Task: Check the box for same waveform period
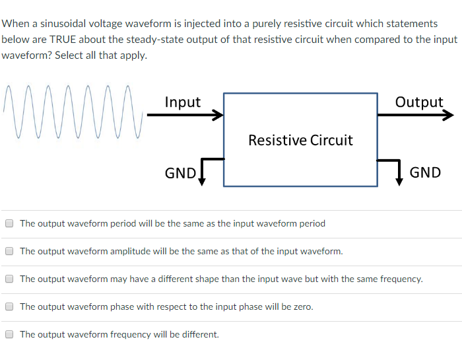pos(9,223)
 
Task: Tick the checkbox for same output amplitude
pos(9,251)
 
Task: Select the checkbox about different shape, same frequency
pos(9,279)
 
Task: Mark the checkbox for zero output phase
pos(9,306)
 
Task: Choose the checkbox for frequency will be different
pos(9,334)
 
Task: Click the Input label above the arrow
pos(182,102)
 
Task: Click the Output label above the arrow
pos(419,102)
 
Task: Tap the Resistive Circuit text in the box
pos(300,140)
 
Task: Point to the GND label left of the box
pos(180,173)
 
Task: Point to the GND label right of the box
pos(425,172)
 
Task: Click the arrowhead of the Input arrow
pos(218,116)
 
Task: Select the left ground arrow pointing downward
pos(201,180)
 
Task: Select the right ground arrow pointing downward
pos(399,180)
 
